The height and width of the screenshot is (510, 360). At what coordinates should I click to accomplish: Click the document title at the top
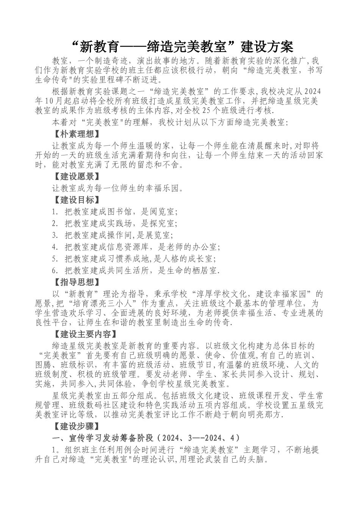[182, 47]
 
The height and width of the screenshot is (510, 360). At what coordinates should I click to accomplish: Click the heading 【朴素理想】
[75, 134]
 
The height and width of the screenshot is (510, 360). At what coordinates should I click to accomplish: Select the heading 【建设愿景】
[75, 176]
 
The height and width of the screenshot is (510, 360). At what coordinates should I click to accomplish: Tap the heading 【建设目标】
[75, 200]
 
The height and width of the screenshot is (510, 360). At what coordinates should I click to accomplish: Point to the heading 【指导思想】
[75, 282]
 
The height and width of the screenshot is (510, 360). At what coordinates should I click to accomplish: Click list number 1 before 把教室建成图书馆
[55, 212]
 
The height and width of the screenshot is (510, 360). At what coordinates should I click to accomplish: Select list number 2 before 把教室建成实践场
[55, 223]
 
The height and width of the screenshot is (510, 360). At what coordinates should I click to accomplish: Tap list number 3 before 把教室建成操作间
[55, 235]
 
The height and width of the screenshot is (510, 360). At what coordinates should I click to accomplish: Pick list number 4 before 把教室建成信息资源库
[55, 247]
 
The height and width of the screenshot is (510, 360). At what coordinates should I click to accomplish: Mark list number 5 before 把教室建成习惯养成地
[55, 259]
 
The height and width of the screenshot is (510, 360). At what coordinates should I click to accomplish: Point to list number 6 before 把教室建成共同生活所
[55, 271]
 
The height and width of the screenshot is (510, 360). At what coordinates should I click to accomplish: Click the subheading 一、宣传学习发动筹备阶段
[103, 438]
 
